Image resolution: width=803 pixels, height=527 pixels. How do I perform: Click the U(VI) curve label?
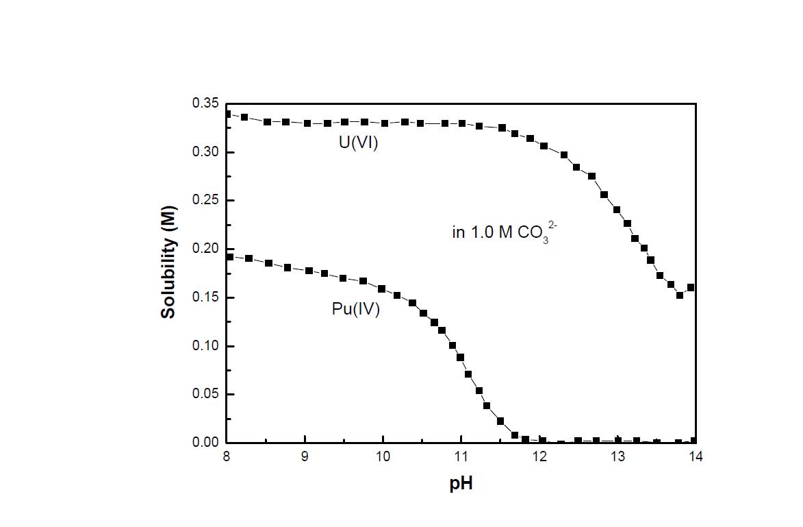click(359, 144)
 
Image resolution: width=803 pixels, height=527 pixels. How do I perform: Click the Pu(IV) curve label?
click(355, 309)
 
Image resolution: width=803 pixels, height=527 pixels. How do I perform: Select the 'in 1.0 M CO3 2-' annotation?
click(500, 233)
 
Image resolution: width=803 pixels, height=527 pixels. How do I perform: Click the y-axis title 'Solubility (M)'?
click(168, 262)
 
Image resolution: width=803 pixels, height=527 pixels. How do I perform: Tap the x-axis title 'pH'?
click(461, 484)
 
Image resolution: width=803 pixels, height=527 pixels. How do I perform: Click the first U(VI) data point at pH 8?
click(228, 114)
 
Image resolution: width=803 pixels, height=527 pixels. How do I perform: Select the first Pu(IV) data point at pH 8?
click(230, 257)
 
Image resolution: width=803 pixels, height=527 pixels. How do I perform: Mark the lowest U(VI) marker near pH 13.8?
click(680, 295)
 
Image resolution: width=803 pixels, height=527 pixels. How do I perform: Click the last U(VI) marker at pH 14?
click(691, 288)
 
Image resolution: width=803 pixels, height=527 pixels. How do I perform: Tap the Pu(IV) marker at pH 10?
click(382, 289)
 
